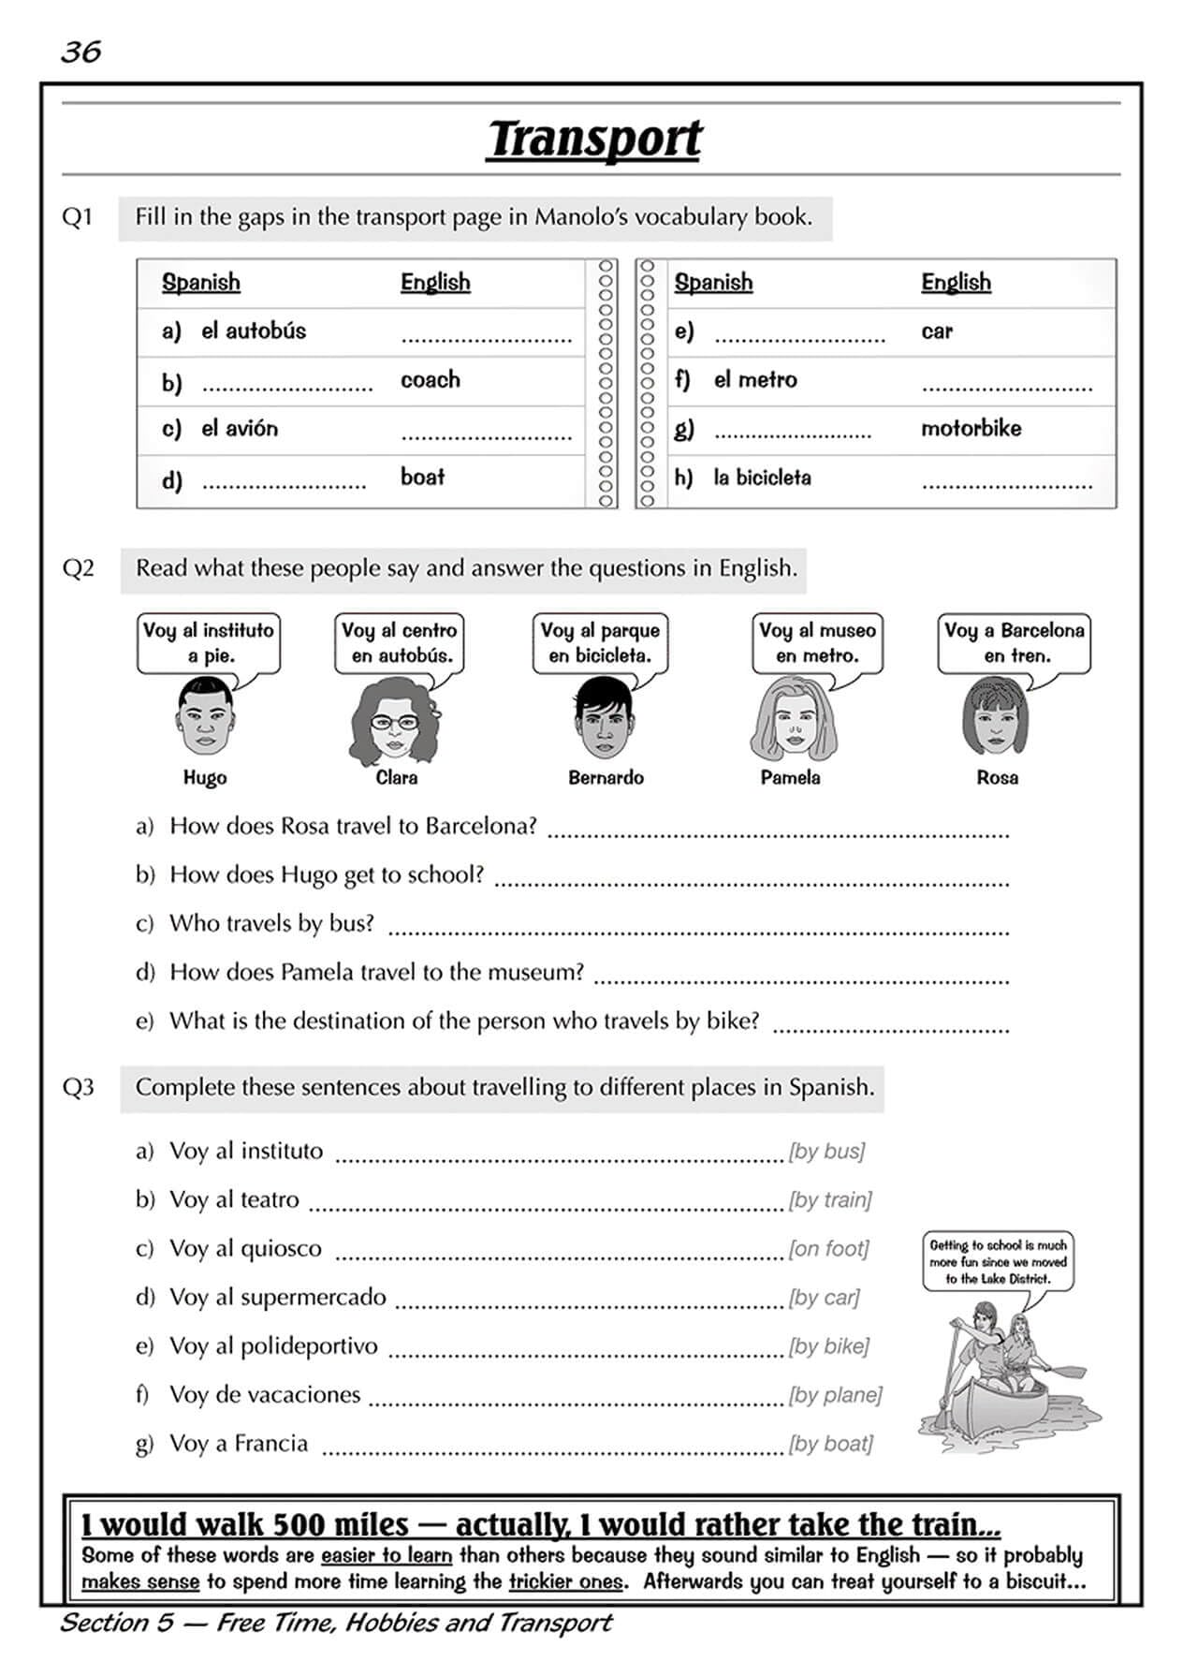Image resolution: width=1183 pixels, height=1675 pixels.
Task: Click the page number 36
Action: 80,51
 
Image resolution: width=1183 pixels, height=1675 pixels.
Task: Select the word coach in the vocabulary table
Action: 431,379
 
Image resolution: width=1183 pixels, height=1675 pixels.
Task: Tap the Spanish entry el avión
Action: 239,429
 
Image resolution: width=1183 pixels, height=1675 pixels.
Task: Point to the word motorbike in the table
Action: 971,428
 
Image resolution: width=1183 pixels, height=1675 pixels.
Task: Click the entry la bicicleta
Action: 762,478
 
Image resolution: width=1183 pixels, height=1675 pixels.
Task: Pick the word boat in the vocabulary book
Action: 422,477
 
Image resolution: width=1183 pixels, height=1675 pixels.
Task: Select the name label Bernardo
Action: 606,777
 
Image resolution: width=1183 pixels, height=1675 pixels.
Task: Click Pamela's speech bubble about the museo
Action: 817,642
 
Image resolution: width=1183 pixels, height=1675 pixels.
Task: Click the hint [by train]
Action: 830,1199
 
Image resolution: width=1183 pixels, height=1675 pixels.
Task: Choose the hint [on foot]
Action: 828,1248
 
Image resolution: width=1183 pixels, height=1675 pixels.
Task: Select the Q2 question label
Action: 79,568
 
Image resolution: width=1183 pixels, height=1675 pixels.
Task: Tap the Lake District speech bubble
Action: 997,1261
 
